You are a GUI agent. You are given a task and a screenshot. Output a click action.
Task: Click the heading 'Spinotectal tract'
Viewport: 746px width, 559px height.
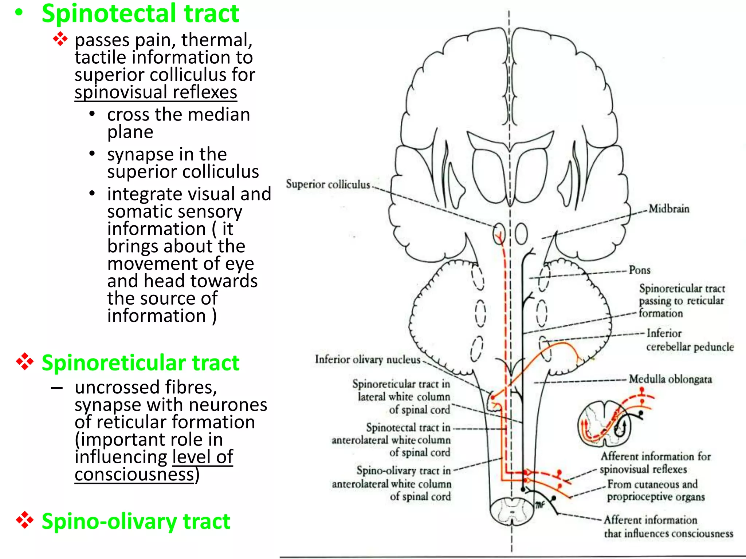[x=140, y=14]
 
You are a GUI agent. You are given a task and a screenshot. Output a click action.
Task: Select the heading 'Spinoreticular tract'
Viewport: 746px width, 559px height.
[x=140, y=363]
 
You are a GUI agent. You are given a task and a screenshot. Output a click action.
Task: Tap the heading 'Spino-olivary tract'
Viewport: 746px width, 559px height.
[x=136, y=521]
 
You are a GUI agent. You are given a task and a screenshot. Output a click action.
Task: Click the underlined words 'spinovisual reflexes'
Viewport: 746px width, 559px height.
[x=156, y=92]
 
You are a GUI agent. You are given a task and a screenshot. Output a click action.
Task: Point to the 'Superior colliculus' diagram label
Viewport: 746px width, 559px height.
[x=328, y=184]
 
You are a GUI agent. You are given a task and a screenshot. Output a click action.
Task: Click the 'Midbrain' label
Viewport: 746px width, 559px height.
[x=669, y=209]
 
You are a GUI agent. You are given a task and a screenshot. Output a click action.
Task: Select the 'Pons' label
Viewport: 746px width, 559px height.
[x=640, y=270]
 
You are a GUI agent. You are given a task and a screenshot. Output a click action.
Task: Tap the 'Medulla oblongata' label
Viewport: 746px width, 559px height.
[x=670, y=379]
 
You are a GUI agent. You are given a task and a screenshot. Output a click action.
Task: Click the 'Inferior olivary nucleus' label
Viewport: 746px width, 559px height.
[x=368, y=360]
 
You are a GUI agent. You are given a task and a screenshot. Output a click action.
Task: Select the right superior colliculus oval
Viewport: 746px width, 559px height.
[x=521, y=233]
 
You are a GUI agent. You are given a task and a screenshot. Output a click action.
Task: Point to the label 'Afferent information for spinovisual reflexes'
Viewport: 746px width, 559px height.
[x=655, y=463]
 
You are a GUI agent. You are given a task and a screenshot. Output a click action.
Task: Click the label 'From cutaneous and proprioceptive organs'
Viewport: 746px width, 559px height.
[x=655, y=491]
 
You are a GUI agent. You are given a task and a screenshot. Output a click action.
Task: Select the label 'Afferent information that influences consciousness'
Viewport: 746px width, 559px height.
[x=668, y=527]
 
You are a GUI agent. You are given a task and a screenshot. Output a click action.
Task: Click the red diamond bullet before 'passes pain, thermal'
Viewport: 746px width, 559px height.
[x=60, y=39]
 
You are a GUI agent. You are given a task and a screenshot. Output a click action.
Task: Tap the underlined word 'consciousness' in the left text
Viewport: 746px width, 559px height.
[x=134, y=475]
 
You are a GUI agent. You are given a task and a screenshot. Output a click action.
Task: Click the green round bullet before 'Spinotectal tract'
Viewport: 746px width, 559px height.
[x=19, y=13]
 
